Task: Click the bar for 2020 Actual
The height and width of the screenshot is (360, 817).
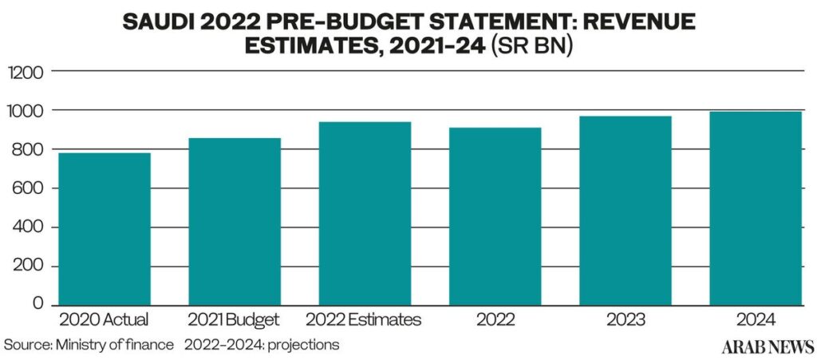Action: point(105,229)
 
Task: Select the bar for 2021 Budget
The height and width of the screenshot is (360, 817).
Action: point(235,221)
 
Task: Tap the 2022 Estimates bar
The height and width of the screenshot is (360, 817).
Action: point(365,214)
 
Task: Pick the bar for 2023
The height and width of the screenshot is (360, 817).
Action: point(626,211)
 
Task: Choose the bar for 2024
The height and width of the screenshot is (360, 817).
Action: point(756,208)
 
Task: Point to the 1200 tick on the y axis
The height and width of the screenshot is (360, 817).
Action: point(23,71)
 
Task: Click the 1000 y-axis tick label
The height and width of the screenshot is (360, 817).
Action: point(23,110)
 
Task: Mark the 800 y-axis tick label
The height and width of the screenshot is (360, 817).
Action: point(26,149)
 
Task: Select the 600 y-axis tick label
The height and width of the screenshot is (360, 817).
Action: point(26,188)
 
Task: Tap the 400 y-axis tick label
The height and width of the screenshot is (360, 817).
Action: point(26,227)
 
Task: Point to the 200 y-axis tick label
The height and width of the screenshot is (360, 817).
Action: point(26,267)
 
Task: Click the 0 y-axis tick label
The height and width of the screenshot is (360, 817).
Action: point(37,304)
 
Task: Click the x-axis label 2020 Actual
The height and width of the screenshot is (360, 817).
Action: point(105,319)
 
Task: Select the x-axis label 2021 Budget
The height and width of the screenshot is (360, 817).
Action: point(235,319)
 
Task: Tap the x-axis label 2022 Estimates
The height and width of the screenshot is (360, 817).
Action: point(363,319)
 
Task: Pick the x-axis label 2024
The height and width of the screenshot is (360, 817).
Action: point(756,319)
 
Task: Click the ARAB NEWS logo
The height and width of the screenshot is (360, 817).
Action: point(768,346)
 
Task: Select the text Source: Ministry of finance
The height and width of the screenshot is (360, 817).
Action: point(89,345)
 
